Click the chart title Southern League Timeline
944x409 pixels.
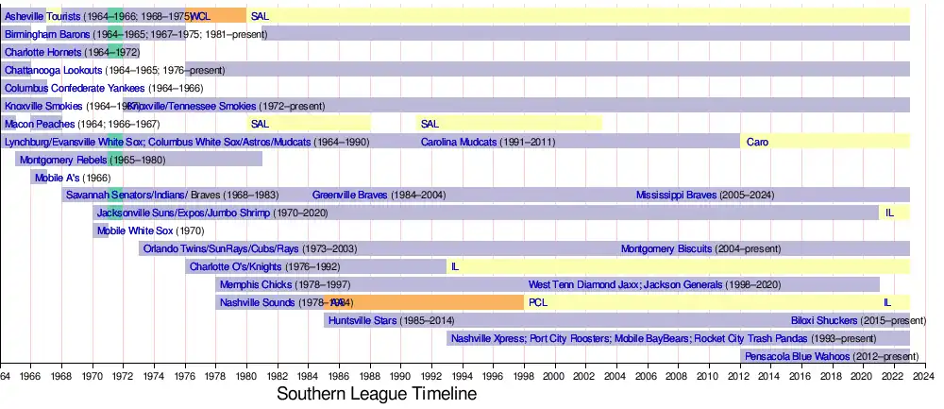[x=376, y=393]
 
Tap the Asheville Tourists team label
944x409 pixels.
[x=42, y=16]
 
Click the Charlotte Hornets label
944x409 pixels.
[x=43, y=52]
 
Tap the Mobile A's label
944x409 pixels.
[x=58, y=178]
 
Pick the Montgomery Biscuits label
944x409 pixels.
[x=660, y=249]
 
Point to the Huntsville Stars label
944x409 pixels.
[x=362, y=321]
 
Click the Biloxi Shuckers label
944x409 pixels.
[x=824, y=321]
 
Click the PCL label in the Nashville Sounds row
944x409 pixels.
[x=538, y=303]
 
